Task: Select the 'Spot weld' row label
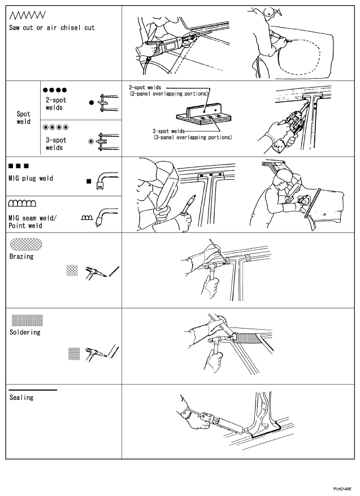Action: click(24, 118)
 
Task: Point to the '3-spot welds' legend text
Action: click(56, 144)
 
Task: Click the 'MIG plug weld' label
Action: click(31, 178)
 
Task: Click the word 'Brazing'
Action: click(21, 256)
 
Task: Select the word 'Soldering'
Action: click(25, 332)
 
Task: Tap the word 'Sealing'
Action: click(21, 398)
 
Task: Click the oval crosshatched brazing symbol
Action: click(26, 244)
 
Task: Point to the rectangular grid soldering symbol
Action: click(27, 320)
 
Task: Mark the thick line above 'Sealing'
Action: click(33, 390)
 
